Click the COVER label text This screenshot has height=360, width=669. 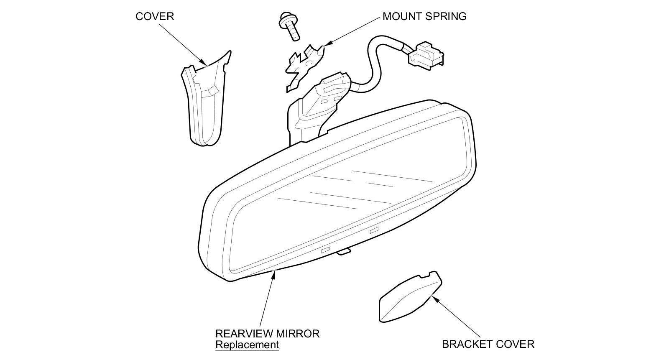[154, 16]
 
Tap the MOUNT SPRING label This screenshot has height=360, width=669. [424, 16]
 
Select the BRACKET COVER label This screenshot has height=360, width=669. [488, 344]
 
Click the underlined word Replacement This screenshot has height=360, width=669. [247, 345]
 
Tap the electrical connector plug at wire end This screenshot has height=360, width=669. [425, 55]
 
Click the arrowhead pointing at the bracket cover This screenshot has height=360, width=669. [435, 299]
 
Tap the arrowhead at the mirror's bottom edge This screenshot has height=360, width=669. [274, 274]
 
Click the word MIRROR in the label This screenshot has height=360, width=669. [299, 334]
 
